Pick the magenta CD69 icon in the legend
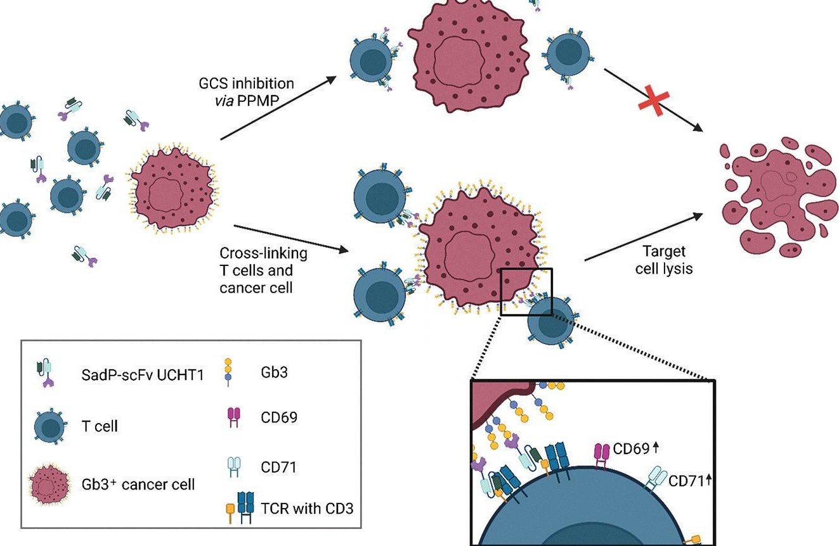[x=233, y=418]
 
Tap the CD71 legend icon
[x=233, y=467]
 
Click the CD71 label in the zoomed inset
[x=686, y=483]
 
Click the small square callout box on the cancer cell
[x=526, y=291]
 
